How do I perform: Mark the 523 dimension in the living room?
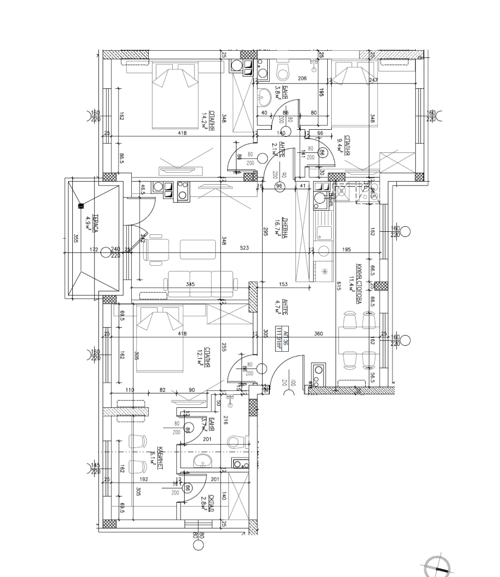click(x=245, y=249)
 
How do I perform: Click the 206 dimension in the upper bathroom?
click(x=302, y=78)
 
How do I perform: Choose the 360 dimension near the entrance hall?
click(x=318, y=334)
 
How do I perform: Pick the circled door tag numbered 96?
click(x=279, y=186)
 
